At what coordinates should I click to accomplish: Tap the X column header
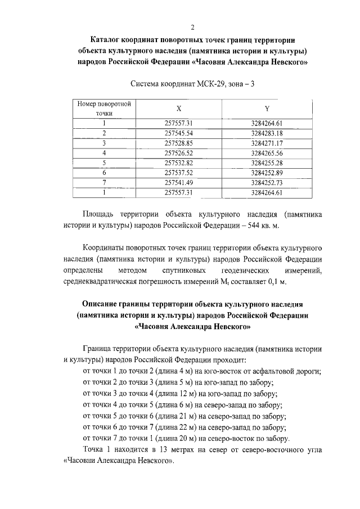click(178, 109)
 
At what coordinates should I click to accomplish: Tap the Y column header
click(266, 109)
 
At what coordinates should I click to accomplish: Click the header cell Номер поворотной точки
click(104, 109)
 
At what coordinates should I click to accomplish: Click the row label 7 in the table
click(104, 182)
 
